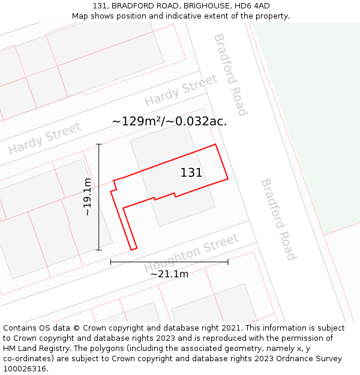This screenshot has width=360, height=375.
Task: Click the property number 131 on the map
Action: (191, 173)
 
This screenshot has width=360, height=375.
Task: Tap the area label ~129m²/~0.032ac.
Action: (169, 121)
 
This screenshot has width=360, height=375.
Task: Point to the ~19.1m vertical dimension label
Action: (88, 197)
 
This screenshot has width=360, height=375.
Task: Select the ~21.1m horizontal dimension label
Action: (169, 274)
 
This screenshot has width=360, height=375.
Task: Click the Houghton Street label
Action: (191, 253)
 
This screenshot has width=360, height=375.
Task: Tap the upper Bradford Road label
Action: (230, 74)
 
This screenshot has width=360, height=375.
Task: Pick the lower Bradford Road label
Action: (278, 219)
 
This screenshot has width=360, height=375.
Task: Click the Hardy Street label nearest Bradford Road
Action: (181, 89)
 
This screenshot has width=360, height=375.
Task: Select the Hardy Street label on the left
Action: (44, 139)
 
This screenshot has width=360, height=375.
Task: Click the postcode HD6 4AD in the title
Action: (252, 6)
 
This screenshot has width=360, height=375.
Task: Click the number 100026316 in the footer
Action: (25, 369)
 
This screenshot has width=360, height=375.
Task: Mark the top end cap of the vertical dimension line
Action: (99, 144)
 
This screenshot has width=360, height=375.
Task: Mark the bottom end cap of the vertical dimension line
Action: (99, 250)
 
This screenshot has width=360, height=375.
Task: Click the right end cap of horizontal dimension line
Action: (228, 262)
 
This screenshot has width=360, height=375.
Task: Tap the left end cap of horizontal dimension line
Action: (111, 262)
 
